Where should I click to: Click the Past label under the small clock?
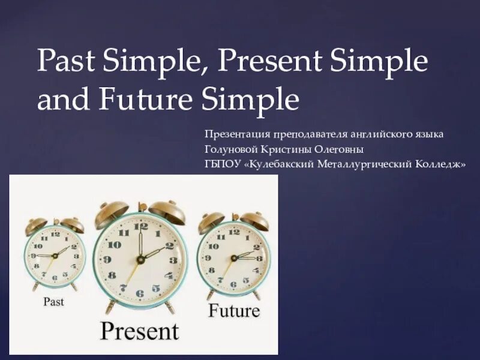pos(53,301)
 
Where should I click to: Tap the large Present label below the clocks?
pos(139,331)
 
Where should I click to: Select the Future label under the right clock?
pos(234,311)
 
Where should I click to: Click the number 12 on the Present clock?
pos(139,225)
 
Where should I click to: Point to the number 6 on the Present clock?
pos(140,293)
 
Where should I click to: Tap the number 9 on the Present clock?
pos(107,259)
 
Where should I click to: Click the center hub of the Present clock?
pos(140,259)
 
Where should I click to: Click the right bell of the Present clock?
pos(167,213)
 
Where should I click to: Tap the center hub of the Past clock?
pos(55,255)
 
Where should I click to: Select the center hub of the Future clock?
pos(233,257)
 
